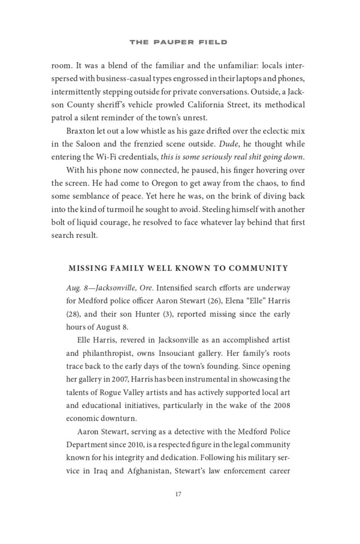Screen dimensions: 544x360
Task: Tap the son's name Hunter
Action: pyautogui.click(x=151, y=314)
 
